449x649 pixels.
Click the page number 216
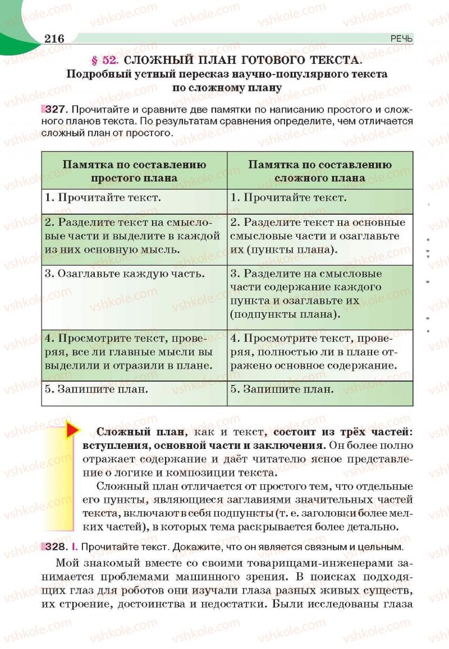click(54, 38)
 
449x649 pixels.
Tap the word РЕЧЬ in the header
click(401, 39)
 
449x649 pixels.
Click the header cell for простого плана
click(134, 171)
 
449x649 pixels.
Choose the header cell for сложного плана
click(320, 171)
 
